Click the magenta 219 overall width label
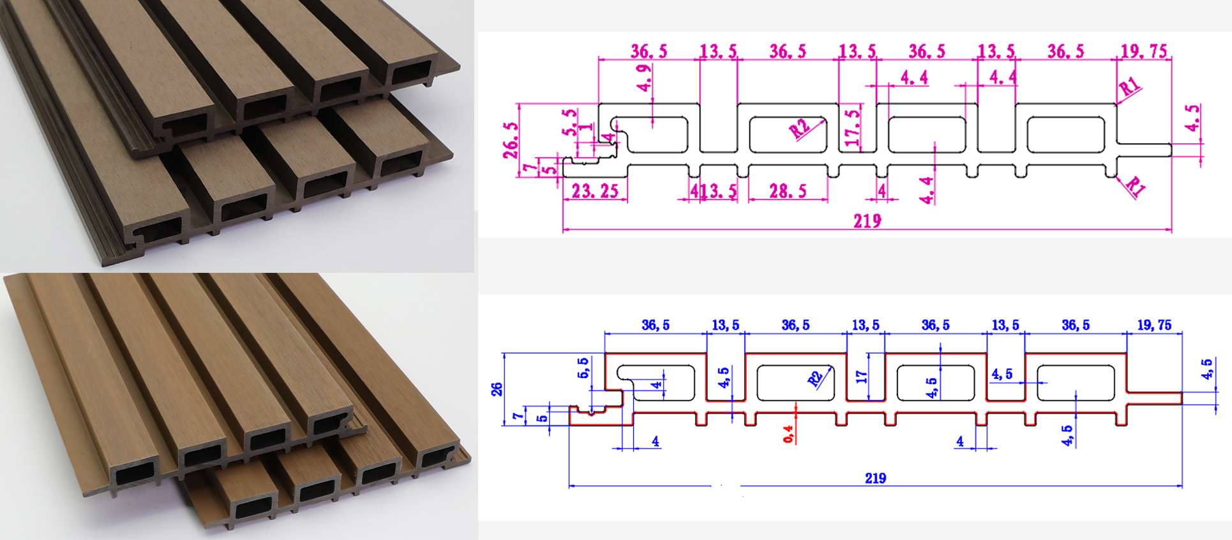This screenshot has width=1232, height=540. pos(867,221)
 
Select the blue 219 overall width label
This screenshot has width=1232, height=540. pos(875,478)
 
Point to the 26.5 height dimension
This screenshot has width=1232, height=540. pos(511,140)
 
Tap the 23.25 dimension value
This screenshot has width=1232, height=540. pos(594,191)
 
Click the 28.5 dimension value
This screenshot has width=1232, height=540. pos(788,191)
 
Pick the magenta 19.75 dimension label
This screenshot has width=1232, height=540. pos(1144,51)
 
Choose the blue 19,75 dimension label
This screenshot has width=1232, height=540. pos(1153,325)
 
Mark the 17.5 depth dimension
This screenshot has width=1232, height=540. pos(852,128)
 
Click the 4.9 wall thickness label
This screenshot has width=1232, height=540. pos(645,77)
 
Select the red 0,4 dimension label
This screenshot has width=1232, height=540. pos(788,434)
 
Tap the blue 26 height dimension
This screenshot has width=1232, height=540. pos(497,389)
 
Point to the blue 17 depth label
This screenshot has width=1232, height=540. pos(862,377)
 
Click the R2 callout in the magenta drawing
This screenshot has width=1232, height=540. pos(799,128)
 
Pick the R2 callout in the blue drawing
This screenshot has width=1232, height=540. pos(815,378)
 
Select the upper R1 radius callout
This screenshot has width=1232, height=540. pos(1129,86)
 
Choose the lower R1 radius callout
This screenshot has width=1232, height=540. pos(1134,186)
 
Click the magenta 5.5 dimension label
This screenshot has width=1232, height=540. pos(569,122)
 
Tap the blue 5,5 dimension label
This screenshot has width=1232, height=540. pos(583,368)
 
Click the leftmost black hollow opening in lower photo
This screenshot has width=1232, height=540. pos(135,474)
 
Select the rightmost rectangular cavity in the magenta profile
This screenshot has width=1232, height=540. pos(1065,135)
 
